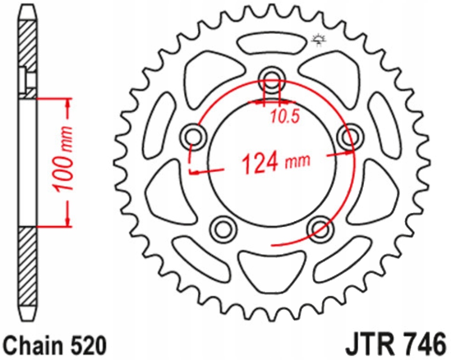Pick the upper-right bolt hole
(350, 137)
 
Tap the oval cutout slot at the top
(272, 44)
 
